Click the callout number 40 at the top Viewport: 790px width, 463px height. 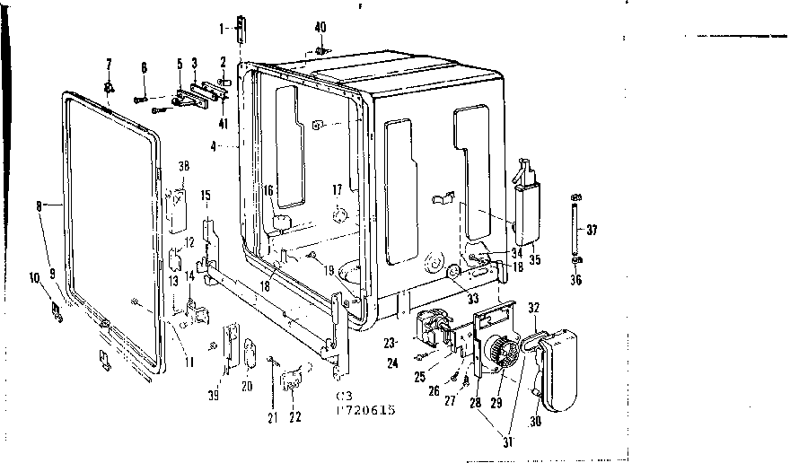click(x=320, y=26)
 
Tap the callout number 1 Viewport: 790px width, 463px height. click(x=222, y=29)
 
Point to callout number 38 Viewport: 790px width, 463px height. click(x=184, y=167)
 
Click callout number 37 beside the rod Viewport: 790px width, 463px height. click(x=591, y=230)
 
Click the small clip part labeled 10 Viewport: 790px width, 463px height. click(x=60, y=309)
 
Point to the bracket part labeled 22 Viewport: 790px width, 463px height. click(x=290, y=380)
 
